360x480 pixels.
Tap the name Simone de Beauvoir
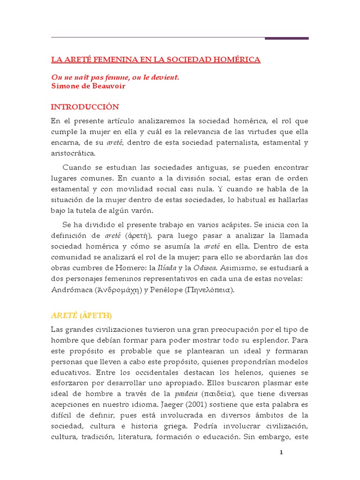[88, 86]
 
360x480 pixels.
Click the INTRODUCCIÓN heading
[84, 107]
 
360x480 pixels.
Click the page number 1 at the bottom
[281, 452]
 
